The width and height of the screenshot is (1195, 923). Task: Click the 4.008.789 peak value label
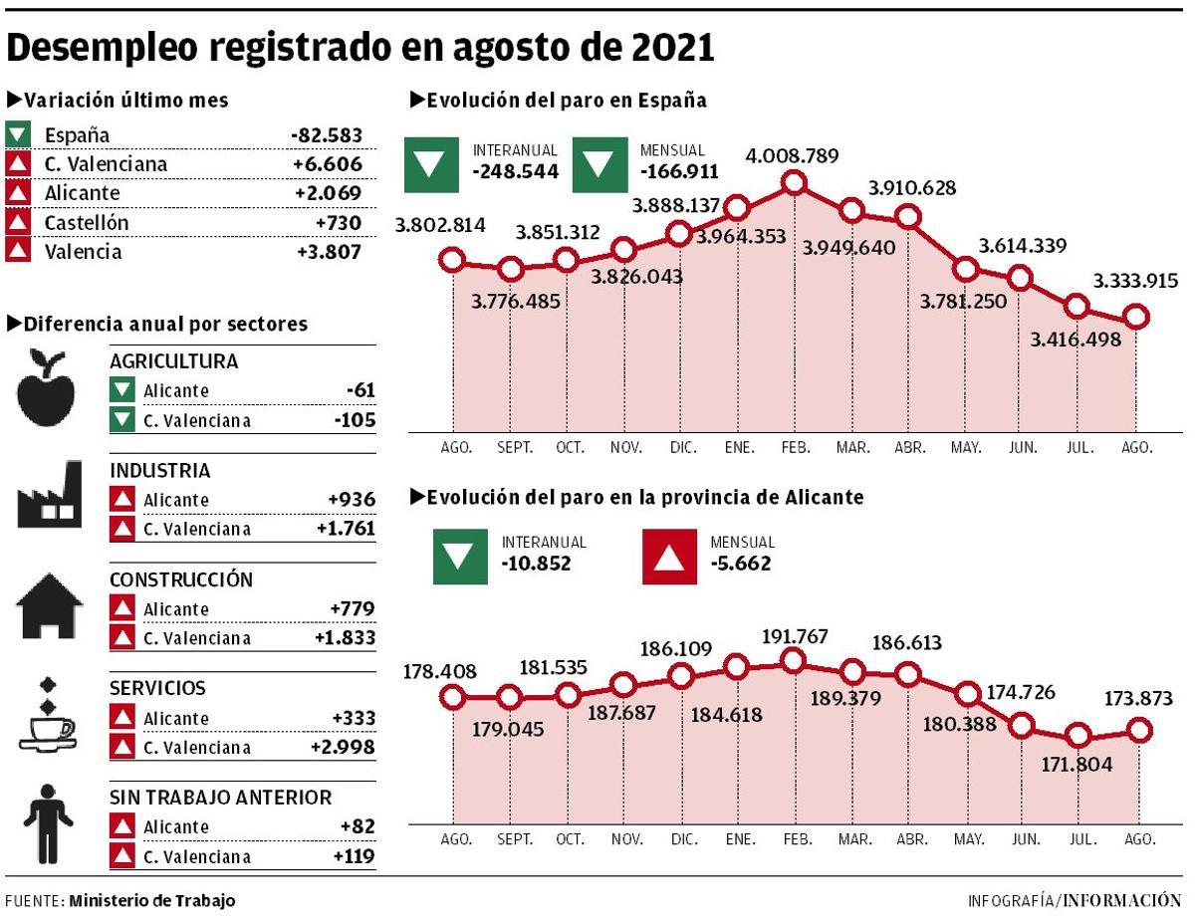click(x=792, y=156)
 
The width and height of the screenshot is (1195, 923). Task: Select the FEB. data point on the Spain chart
click(x=794, y=183)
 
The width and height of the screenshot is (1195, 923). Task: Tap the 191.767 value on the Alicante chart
click(x=794, y=637)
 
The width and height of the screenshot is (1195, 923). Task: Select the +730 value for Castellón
click(x=339, y=222)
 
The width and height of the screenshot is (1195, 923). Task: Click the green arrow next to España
click(x=18, y=134)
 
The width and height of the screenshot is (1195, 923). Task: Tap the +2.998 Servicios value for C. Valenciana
click(x=343, y=748)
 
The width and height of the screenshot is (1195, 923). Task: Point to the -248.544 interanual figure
click(x=515, y=171)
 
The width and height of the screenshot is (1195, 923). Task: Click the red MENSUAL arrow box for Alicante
click(x=670, y=557)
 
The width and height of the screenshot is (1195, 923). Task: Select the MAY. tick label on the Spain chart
click(x=966, y=448)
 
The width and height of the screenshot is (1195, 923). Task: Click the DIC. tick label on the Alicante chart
click(x=683, y=839)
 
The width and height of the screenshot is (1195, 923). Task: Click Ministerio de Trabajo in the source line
click(x=152, y=900)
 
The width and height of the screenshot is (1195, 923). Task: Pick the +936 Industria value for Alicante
click(x=352, y=500)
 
